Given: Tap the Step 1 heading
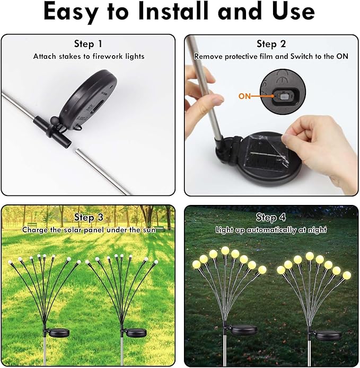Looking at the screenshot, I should click(88, 44).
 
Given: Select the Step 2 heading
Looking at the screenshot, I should click(271, 44).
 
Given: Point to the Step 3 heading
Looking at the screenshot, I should click(89, 218).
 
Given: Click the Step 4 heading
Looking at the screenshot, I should click(270, 218).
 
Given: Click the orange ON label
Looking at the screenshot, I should click(245, 96).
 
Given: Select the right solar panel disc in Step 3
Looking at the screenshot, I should click(134, 333).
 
